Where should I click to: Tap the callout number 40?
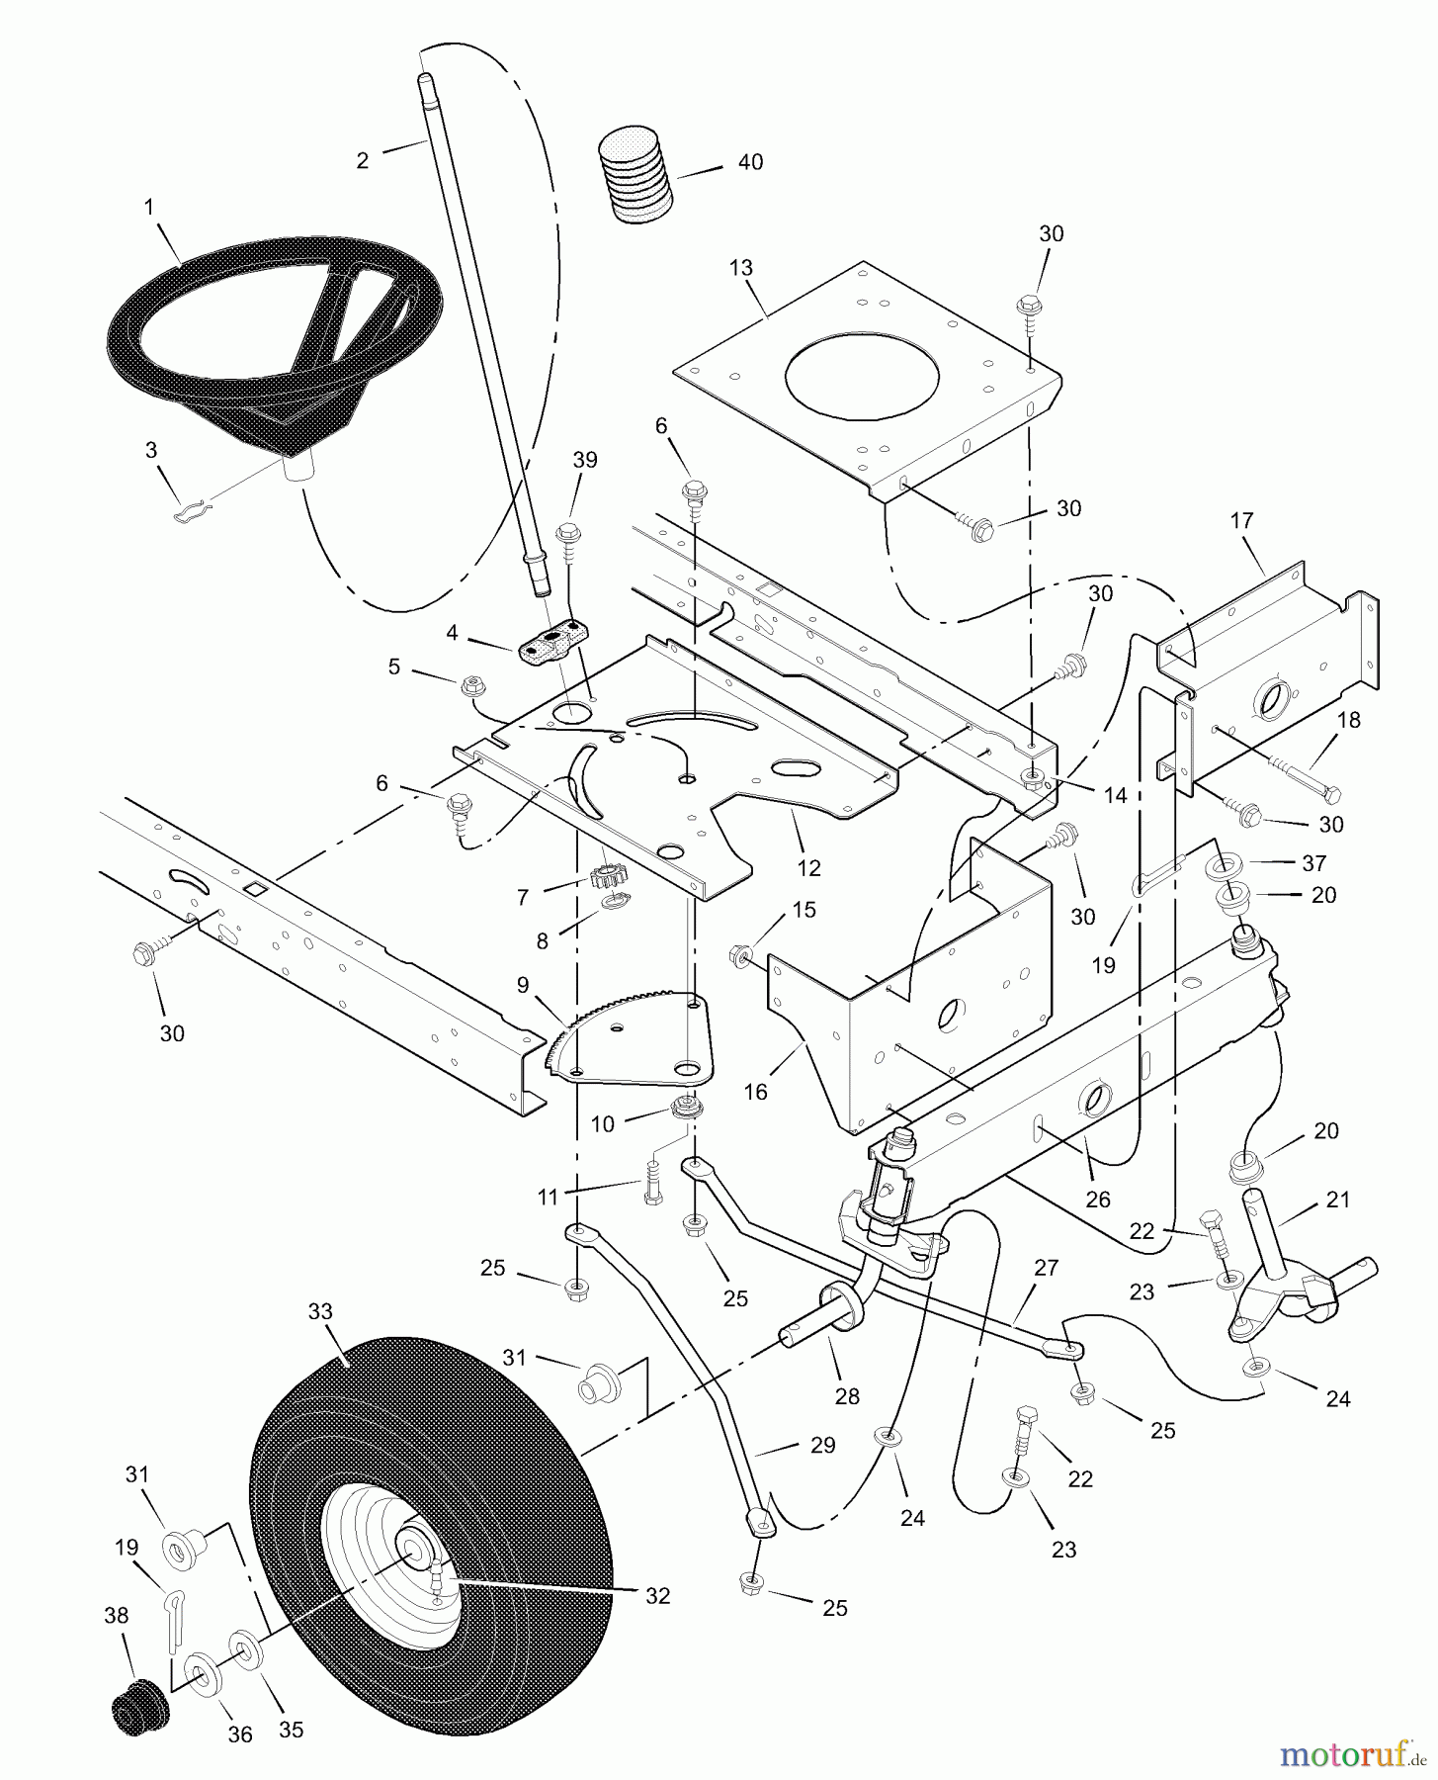click(x=750, y=162)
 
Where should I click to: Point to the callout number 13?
click(x=740, y=268)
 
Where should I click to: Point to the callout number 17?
click(x=1241, y=520)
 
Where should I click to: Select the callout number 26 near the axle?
click(x=1097, y=1200)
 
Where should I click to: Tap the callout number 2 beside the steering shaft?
click(x=363, y=161)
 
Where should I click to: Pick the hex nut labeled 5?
click(x=471, y=683)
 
